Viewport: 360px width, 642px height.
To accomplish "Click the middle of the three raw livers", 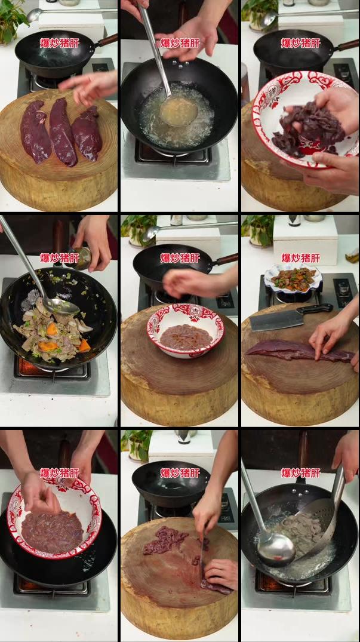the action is (63, 132).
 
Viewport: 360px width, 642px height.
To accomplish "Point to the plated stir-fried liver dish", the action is (293, 279).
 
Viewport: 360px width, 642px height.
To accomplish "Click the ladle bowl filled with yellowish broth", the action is (179, 111).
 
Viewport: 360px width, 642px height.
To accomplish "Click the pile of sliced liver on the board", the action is (166, 539).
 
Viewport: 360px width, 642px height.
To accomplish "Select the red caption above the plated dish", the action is (300, 258).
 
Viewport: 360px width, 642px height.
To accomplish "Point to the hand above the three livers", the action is (90, 87).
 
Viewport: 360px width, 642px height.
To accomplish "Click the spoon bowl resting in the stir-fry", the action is (61, 305).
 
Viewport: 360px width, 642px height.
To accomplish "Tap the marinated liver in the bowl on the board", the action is (186, 337).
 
